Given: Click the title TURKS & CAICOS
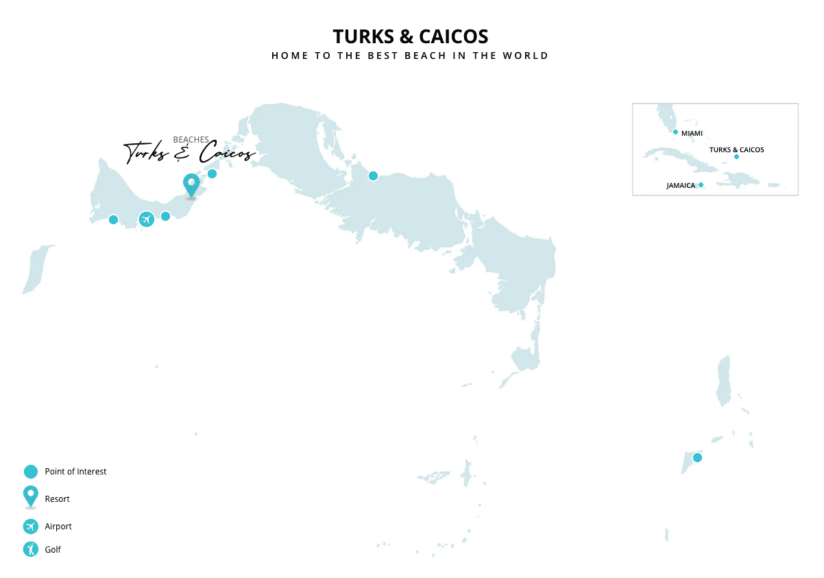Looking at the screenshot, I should [410, 36].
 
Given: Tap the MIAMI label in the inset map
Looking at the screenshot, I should [692, 133].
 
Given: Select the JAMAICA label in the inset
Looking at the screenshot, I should [680, 185].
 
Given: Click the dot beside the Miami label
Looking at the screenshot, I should [675, 132].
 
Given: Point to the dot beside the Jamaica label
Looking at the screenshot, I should [701, 184].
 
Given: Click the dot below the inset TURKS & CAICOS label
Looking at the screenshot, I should [736, 156].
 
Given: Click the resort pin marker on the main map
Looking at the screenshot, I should [191, 184].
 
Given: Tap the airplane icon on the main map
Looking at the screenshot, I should [146, 219].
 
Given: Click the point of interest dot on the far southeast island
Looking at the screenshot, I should [697, 457].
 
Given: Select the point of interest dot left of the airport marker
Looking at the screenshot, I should [113, 219].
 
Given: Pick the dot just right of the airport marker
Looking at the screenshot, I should [165, 217].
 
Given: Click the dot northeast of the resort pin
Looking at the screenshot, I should [212, 173].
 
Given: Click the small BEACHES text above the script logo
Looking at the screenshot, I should [191, 140].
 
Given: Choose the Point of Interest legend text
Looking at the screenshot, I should [75, 472].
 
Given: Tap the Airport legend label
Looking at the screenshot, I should [58, 527].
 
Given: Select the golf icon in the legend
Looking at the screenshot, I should [30, 549].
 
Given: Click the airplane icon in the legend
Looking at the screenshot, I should [30, 527].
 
